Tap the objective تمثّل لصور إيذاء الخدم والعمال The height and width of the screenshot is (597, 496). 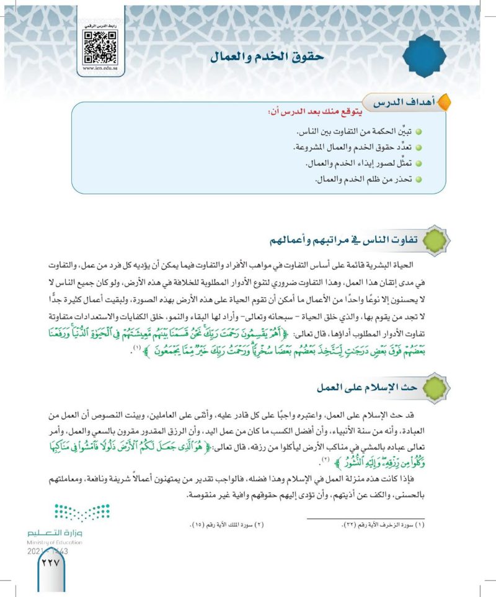(x=356, y=164)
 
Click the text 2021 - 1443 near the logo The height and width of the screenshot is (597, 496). (x=48, y=550)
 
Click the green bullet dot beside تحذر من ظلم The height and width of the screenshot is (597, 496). (x=418, y=180)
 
